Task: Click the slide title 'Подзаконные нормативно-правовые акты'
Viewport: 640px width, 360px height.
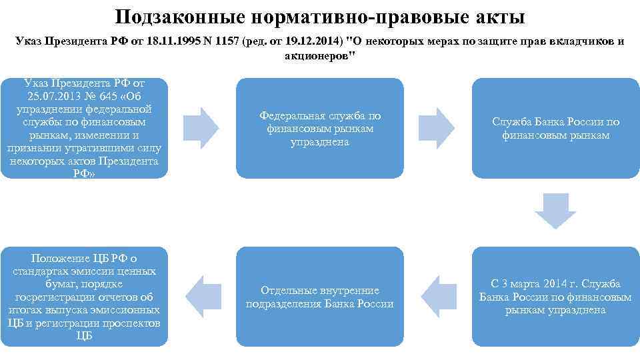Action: click(x=320, y=16)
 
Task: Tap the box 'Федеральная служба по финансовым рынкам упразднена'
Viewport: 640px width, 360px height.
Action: click(x=320, y=129)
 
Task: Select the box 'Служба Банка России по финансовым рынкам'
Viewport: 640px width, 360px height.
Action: click(x=555, y=129)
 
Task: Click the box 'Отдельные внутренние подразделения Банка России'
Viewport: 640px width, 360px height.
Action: click(x=320, y=297)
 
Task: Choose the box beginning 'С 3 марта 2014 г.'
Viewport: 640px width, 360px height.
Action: click(x=555, y=297)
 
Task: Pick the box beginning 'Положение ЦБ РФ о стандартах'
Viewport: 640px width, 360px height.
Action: click(x=84, y=297)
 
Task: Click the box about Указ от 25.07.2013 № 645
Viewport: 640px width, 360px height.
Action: click(x=84, y=129)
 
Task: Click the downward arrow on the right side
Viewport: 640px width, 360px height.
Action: click(x=555, y=211)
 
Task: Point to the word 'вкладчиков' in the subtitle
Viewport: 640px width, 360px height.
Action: click(x=584, y=41)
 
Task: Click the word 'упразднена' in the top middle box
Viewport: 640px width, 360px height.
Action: click(x=320, y=142)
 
